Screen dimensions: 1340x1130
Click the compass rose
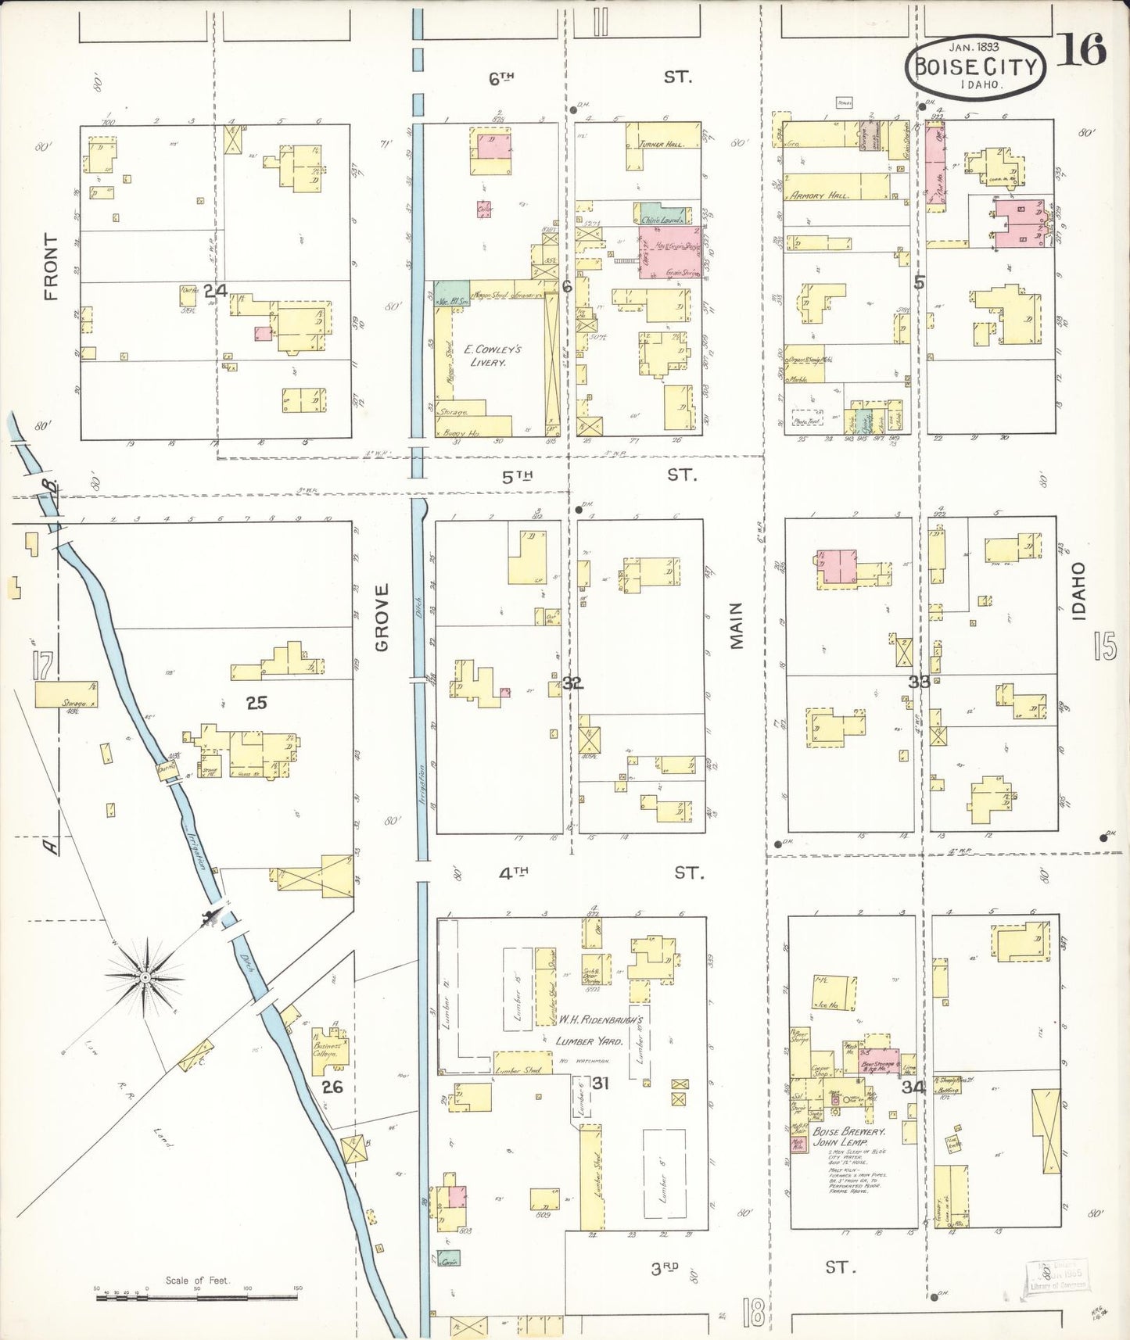pyautogui.click(x=145, y=976)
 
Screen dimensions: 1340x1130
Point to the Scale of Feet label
pyautogui.click(x=197, y=1280)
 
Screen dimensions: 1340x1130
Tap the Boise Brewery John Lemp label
pyautogui.click(x=848, y=1137)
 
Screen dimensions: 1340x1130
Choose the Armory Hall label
pyautogui.click(x=817, y=195)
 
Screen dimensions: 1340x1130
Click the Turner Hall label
pyautogui.click(x=662, y=144)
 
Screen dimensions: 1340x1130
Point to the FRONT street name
pyautogui.click(x=52, y=267)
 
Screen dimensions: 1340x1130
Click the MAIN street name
pyautogui.click(x=737, y=625)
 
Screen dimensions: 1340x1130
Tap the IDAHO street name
pyautogui.click(x=1079, y=591)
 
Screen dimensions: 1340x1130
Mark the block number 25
pyautogui.click(x=256, y=703)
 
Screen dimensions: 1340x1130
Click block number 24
pyautogui.click(x=215, y=291)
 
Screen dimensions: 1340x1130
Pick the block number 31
pyautogui.click(x=600, y=1083)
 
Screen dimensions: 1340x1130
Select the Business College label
pyautogui.click(x=327, y=1049)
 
